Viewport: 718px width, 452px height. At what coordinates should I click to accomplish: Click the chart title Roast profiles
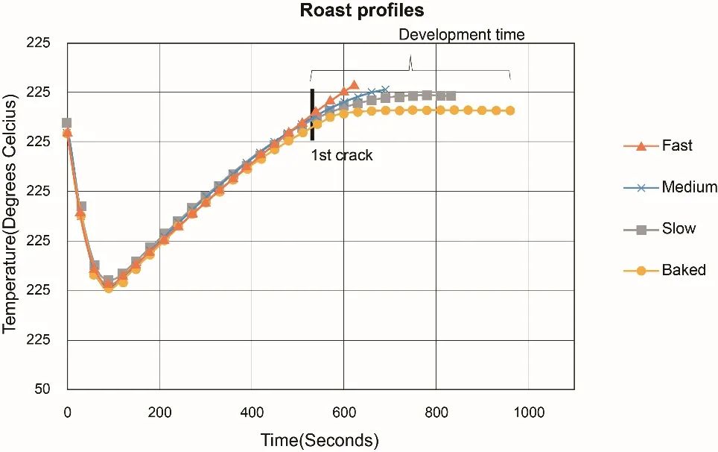pyautogui.click(x=361, y=11)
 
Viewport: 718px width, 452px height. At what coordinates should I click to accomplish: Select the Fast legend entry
pyautogui.click(x=677, y=145)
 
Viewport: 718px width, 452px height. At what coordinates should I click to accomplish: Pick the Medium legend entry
pyautogui.click(x=689, y=187)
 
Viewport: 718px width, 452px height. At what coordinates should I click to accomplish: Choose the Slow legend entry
pyautogui.click(x=679, y=228)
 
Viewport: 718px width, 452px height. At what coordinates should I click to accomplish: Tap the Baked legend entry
pyautogui.click(x=683, y=270)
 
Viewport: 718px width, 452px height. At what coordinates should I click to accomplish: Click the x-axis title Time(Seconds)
pyautogui.click(x=320, y=440)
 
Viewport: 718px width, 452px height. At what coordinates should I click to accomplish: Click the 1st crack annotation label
pyautogui.click(x=342, y=157)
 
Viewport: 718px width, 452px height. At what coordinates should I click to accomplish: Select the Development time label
pyautogui.click(x=462, y=34)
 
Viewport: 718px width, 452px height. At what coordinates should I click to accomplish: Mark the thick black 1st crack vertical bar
pyautogui.click(x=312, y=114)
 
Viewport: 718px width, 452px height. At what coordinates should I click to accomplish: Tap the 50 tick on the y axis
pyautogui.click(x=42, y=389)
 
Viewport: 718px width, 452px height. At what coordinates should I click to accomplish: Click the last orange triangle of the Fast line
pyautogui.click(x=354, y=85)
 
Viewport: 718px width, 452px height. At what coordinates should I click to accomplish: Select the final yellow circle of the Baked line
pyautogui.click(x=510, y=110)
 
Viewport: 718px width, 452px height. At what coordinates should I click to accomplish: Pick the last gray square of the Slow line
pyautogui.click(x=451, y=95)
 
